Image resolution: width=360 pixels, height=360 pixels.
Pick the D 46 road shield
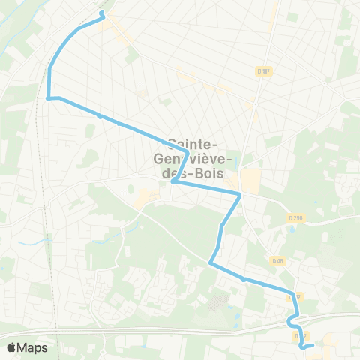tap(278, 261)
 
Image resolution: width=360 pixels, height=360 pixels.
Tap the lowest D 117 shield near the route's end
tap(299, 335)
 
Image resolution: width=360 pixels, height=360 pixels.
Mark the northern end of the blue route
tap(101, 13)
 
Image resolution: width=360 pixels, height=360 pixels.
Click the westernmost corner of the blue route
tap(49, 98)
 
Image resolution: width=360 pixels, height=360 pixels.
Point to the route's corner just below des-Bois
tap(172, 181)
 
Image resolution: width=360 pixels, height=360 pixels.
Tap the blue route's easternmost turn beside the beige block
tap(239, 195)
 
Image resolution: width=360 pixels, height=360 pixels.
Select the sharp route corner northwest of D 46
tap(210, 263)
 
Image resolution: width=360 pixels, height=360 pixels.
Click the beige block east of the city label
tap(250, 180)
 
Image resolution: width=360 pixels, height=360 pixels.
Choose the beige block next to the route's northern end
tap(118, 30)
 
